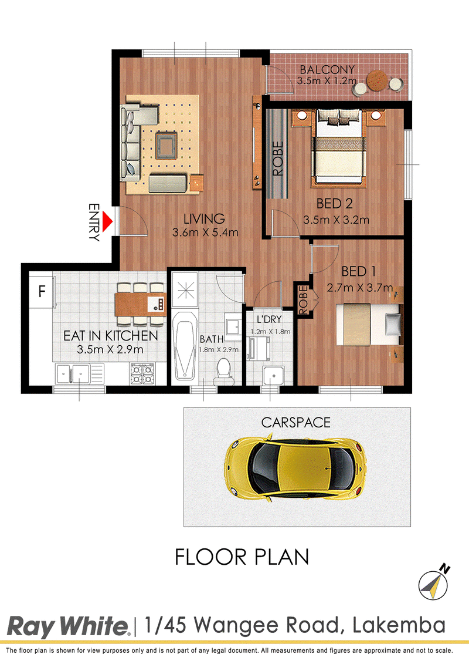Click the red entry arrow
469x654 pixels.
click(107, 222)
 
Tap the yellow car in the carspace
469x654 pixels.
click(295, 467)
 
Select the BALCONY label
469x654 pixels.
click(327, 69)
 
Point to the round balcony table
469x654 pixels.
click(376, 80)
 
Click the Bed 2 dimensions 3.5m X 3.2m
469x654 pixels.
click(336, 220)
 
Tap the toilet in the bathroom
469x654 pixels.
click(224, 371)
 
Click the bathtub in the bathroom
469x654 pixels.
click(185, 345)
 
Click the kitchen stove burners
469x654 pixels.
click(142, 373)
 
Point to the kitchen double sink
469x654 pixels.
click(80, 373)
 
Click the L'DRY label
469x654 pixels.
click(269, 319)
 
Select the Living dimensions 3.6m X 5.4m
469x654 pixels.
click(205, 232)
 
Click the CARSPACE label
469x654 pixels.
click(295, 423)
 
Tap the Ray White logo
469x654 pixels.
click(69, 627)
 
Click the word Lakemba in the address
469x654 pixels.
click(399, 625)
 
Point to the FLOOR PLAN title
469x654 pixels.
click(242, 557)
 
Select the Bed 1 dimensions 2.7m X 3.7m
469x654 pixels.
click(360, 288)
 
